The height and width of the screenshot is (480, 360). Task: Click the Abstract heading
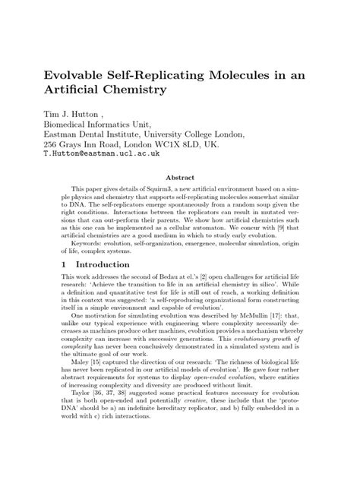coord(180,175)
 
